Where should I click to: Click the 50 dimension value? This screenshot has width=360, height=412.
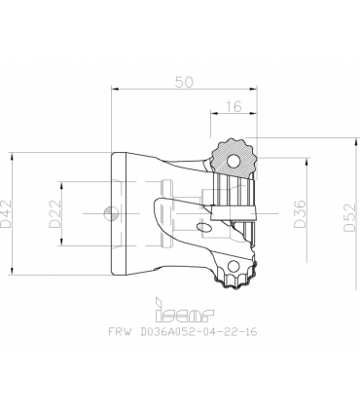pyautogui.click(x=184, y=82)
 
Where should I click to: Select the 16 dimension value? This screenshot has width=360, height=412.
pyautogui.click(x=234, y=106)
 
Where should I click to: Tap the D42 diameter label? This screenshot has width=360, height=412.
pyautogui.click(x=6, y=213)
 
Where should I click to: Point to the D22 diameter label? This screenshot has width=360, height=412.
pyautogui.click(x=55, y=213)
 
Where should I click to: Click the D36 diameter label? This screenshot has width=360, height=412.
pyautogui.click(x=300, y=213)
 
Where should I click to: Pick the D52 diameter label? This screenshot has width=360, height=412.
pyautogui.click(x=350, y=217)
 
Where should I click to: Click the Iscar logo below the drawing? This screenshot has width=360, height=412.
pyautogui.click(x=185, y=310)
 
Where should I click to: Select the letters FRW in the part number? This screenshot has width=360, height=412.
pyautogui.click(x=121, y=331)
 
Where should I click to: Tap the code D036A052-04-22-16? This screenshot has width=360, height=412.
pyautogui.click(x=198, y=331)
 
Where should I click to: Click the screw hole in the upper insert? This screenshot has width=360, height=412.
pyautogui.click(x=233, y=161)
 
